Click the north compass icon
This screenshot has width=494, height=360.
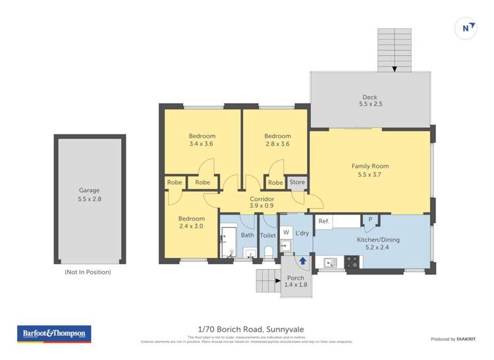point(466,28)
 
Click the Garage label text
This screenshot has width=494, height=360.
point(89,190)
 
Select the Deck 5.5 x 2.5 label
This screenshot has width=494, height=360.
point(370,101)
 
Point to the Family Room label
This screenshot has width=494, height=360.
point(370,167)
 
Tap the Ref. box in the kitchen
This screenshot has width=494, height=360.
point(323,222)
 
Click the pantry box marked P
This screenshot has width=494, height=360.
point(370,220)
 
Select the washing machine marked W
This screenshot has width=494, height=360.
point(286,232)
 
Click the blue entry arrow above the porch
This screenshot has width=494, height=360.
point(302,261)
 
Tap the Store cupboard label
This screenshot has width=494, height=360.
point(297,182)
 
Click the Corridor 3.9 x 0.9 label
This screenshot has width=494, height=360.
point(261,202)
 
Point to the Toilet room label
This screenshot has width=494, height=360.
point(268,235)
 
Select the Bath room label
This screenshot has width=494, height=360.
point(247,235)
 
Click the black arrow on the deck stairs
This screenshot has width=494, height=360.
point(395,68)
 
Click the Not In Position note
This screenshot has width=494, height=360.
point(88,272)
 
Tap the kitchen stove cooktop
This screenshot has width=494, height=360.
point(352,263)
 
